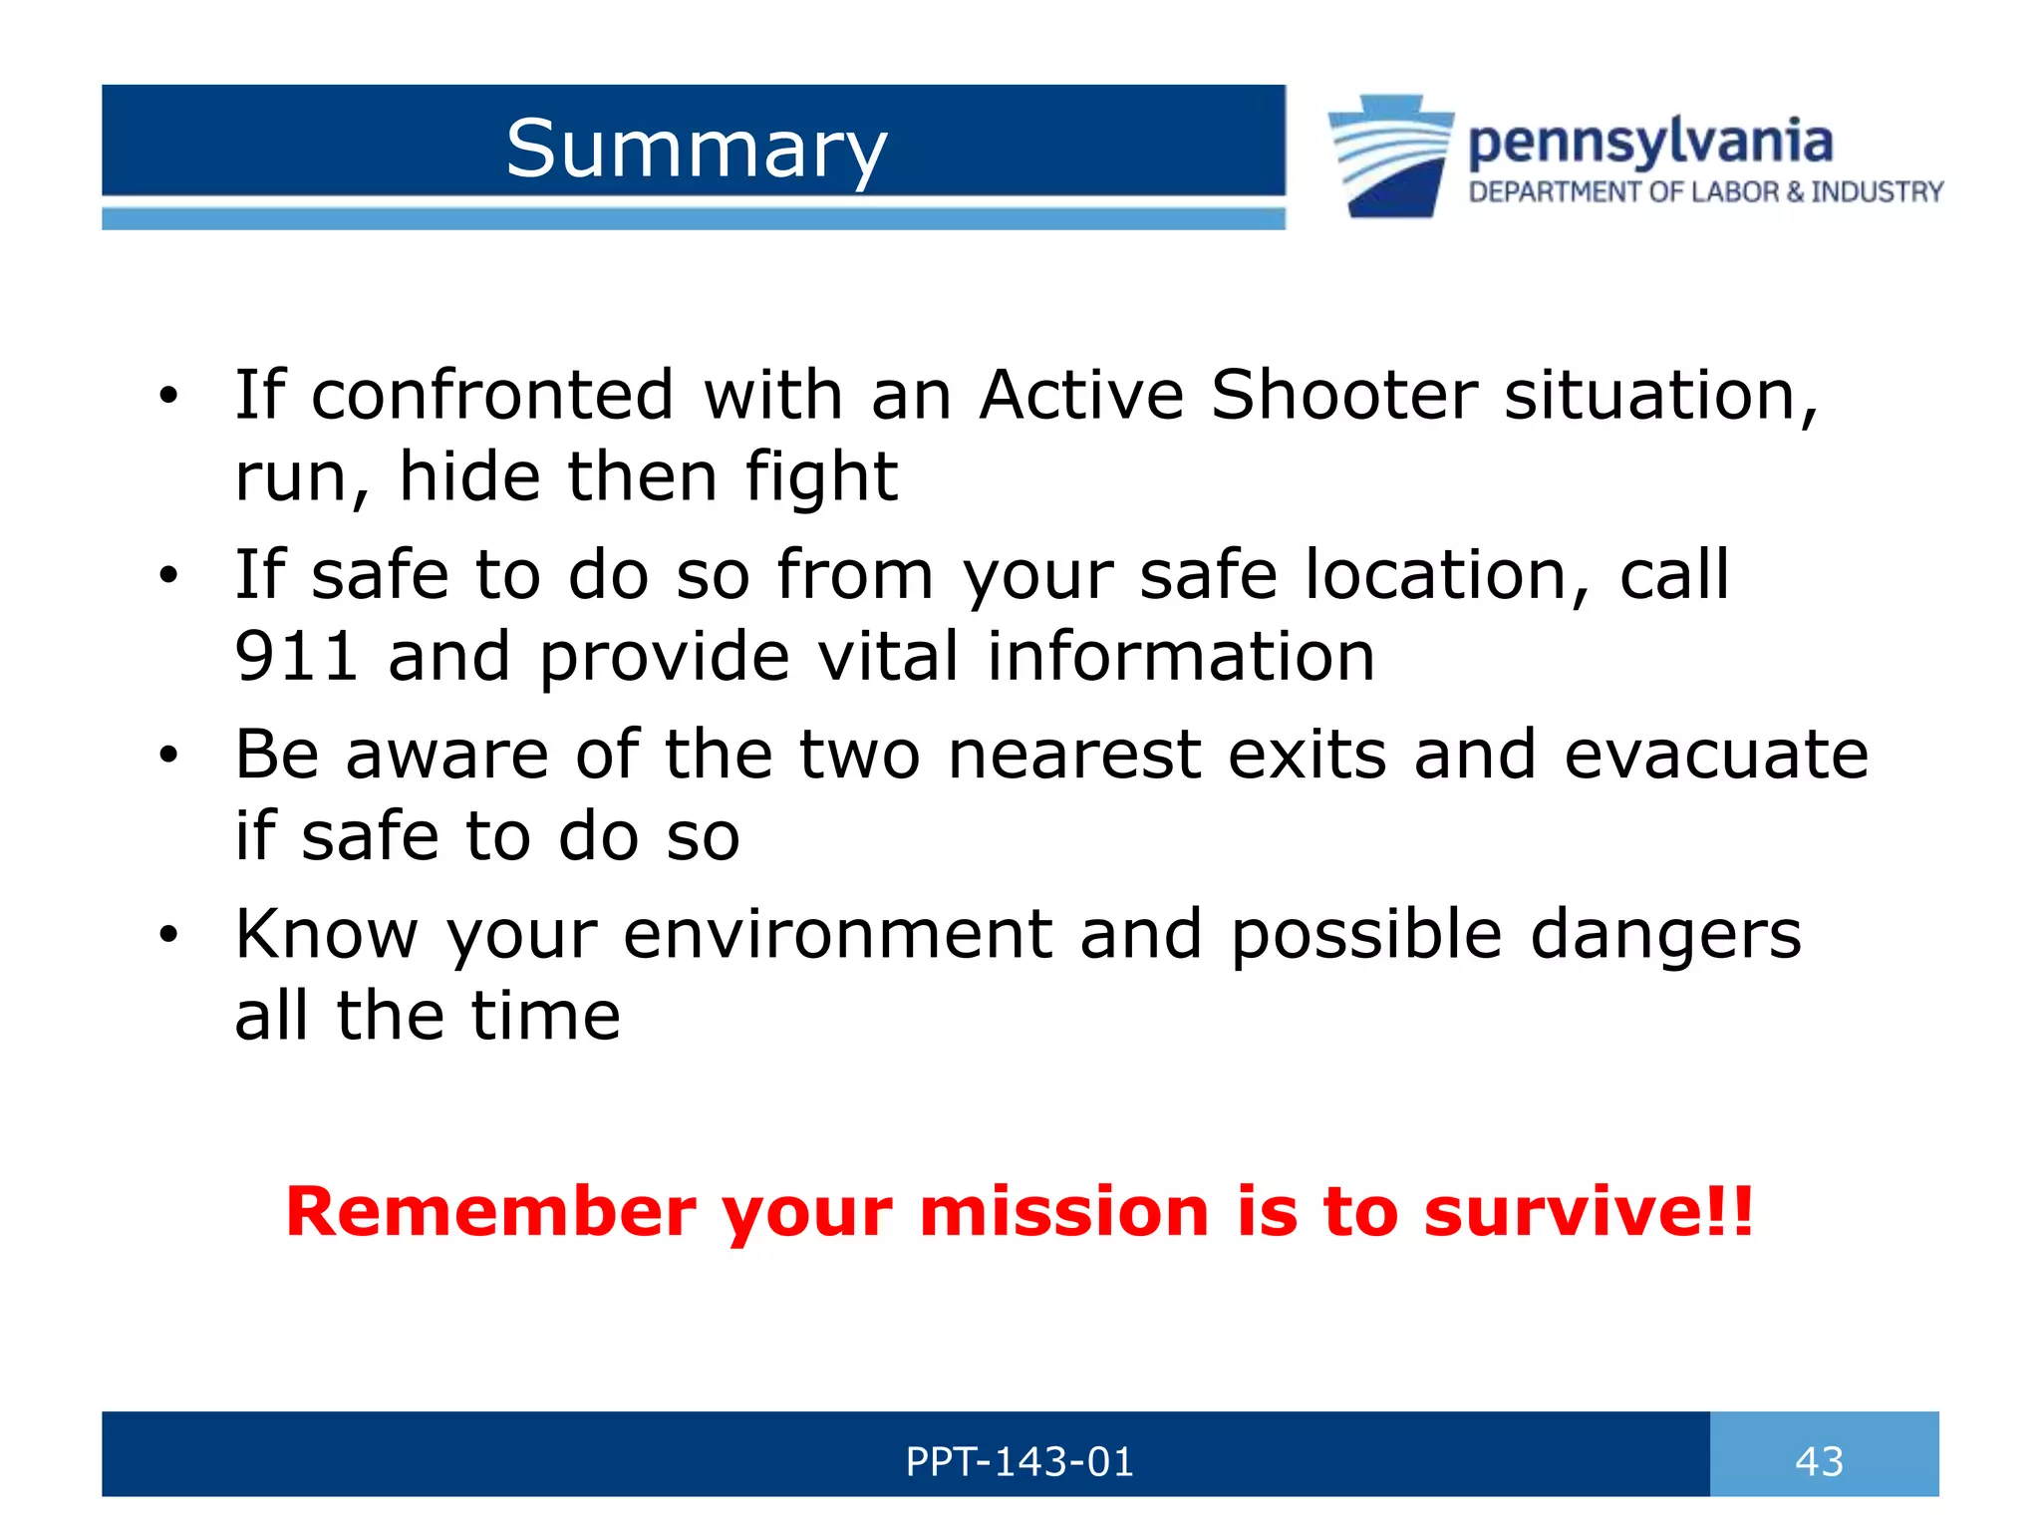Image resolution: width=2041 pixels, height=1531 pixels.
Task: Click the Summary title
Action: tap(696, 150)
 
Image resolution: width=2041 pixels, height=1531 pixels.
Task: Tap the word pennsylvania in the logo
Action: tap(1650, 142)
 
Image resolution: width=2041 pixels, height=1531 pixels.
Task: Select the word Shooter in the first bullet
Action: tap(1343, 395)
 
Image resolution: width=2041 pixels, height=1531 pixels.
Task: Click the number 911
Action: tap(296, 657)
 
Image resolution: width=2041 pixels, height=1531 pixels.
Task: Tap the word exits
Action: tap(1307, 755)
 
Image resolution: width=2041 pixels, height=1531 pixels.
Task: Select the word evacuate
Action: tap(1715, 755)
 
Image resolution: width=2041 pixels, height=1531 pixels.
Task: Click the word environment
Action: tap(837, 935)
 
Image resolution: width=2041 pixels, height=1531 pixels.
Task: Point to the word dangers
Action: tap(1665, 935)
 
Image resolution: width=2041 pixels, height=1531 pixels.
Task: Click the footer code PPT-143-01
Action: tap(1019, 1461)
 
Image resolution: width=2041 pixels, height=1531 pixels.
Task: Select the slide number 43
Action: tap(1819, 1461)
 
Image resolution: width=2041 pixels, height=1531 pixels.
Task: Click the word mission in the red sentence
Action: tap(1063, 1212)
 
